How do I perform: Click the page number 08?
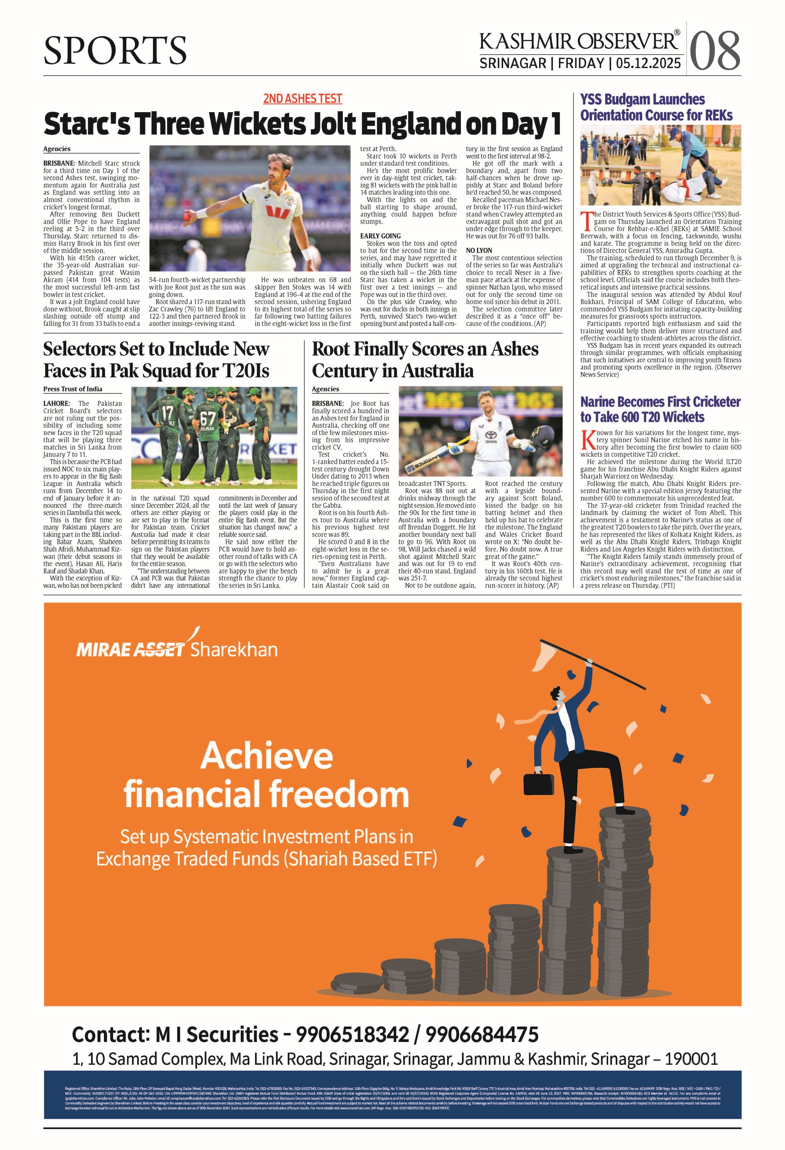point(715,50)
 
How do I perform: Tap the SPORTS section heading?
point(115,50)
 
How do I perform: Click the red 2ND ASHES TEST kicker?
point(302,98)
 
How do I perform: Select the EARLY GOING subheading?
point(381,236)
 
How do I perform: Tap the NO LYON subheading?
point(479,251)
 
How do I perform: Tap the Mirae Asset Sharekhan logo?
point(176,648)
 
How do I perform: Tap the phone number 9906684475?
point(482,1034)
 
